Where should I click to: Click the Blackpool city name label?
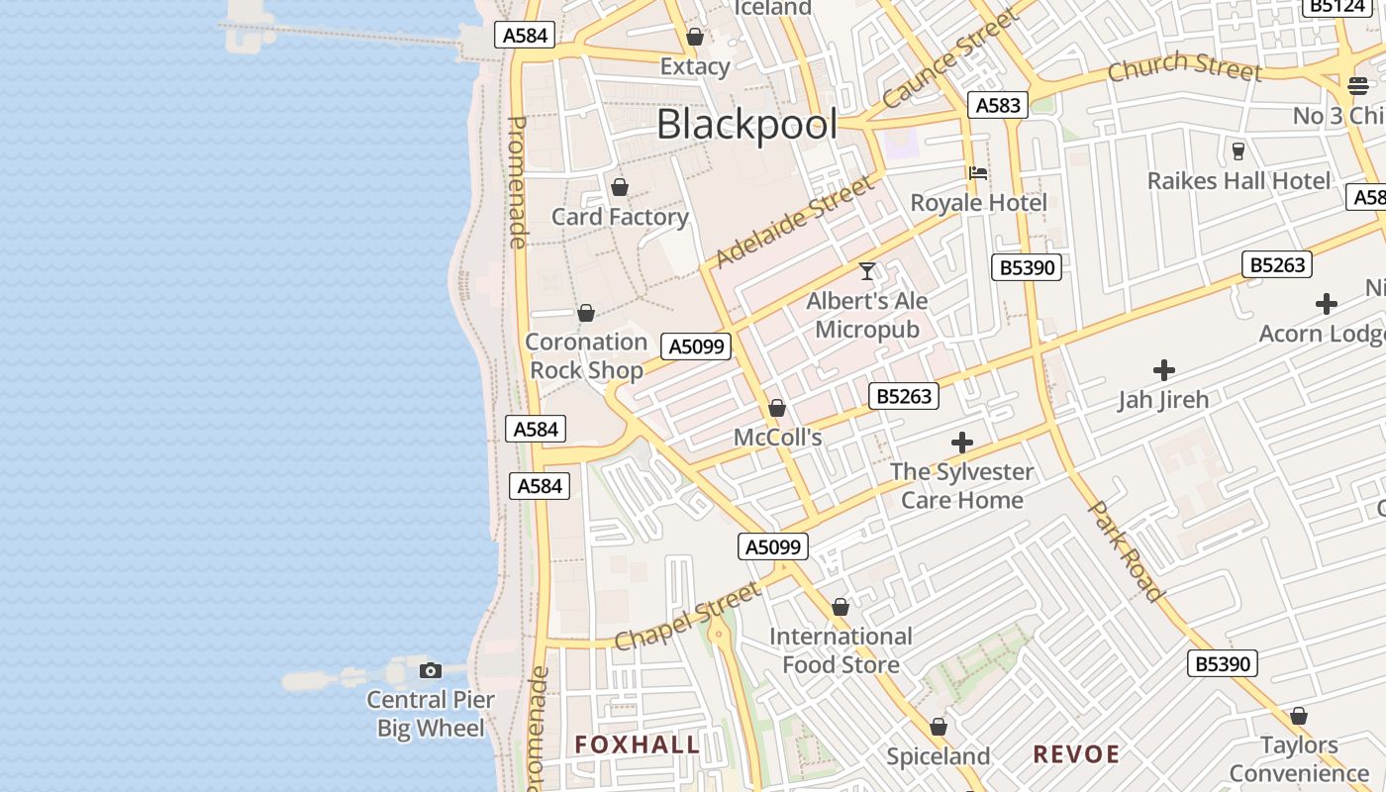tap(746, 125)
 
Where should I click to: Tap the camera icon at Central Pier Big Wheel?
tap(430, 671)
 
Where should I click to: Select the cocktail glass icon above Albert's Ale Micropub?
tap(867, 271)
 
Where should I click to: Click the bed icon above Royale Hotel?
tap(978, 173)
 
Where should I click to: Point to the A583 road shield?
tap(998, 105)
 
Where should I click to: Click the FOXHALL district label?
tap(638, 744)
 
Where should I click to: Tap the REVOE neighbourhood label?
tap(1076, 753)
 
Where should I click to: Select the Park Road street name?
tap(1126, 550)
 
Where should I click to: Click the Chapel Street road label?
tap(688, 617)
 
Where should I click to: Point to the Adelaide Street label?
tap(795, 222)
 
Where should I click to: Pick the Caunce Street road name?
tap(949, 59)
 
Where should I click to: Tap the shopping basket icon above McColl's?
tap(777, 408)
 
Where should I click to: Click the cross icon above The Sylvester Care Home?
tap(961, 443)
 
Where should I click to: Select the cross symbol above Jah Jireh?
tap(1164, 370)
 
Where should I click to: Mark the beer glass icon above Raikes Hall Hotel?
tap(1237, 150)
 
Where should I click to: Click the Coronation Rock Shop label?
tap(586, 355)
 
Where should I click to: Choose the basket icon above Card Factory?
tap(620, 187)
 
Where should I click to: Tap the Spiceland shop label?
tap(938, 756)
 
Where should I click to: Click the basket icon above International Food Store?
tap(841, 607)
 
